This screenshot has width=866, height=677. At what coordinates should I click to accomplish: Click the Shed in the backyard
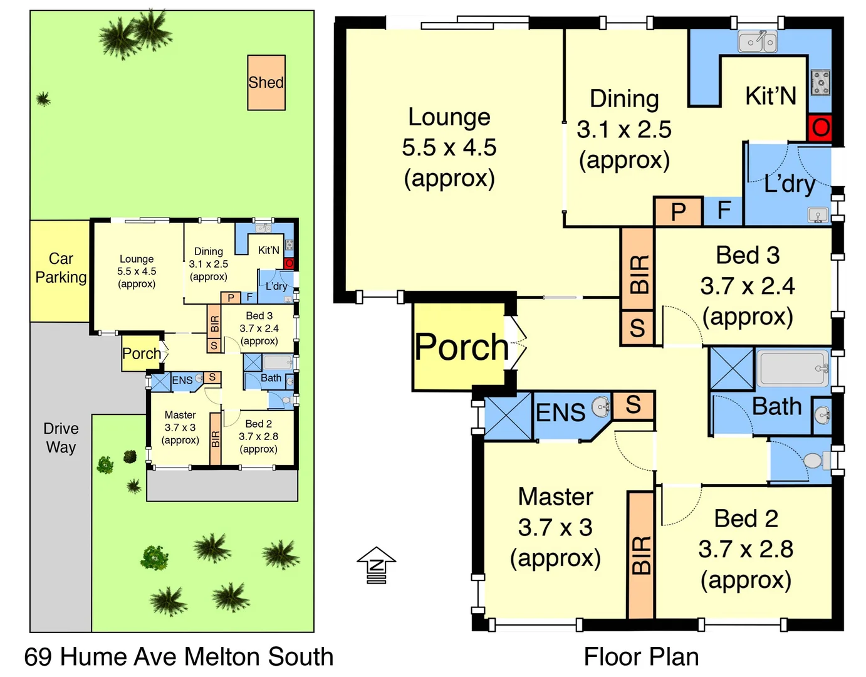click(x=266, y=83)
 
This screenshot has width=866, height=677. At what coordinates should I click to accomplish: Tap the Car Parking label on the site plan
click(x=61, y=268)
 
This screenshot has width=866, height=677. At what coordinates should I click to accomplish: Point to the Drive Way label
click(x=61, y=438)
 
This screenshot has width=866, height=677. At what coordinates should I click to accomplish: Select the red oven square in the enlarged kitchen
click(x=820, y=128)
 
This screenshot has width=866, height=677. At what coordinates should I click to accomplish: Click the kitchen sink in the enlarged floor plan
click(x=757, y=42)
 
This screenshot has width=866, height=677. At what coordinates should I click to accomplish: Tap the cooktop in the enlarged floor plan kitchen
click(x=820, y=83)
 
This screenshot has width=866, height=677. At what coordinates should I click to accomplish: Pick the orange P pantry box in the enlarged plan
click(x=678, y=212)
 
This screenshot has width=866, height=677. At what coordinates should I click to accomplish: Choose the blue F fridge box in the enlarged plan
click(x=724, y=211)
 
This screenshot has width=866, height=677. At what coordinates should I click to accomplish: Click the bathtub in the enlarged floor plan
click(x=793, y=369)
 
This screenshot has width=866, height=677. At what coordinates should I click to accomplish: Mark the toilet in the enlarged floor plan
click(x=814, y=461)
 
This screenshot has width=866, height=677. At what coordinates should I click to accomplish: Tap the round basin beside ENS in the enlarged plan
click(x=601, y=407)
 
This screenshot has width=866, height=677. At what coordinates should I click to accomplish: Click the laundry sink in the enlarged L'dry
click(x=818, y=215)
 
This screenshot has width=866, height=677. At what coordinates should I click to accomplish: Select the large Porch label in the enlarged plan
click(x=462, y=347)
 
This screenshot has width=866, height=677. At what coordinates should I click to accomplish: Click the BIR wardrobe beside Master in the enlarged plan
click(x=641, y=555)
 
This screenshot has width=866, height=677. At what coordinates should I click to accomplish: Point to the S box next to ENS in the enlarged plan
click(x=633, y=406)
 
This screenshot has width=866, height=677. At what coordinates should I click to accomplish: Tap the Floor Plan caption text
click(x=641, y=657)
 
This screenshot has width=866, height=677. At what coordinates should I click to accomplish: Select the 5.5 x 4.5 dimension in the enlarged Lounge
click(x=449, y=148)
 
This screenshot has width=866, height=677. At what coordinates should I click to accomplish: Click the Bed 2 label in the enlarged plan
click(x=746, y=519)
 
